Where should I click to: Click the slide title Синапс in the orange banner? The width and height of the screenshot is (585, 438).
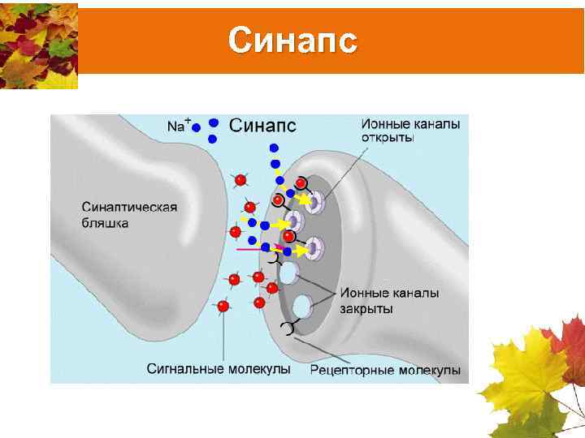292,40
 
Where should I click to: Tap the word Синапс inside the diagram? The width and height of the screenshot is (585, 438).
262,125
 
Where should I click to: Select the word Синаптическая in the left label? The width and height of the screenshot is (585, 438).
129,207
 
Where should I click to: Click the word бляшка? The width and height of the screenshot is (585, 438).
105,222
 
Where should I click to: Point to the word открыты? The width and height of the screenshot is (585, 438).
388,138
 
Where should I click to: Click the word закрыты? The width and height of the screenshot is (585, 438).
366,308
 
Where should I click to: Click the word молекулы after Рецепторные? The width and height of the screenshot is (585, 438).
430,371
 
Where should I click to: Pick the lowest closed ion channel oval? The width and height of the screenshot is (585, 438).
302,307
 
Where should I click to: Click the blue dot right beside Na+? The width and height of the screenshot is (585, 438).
197,128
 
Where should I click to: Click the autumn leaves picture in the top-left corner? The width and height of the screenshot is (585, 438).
39,45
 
